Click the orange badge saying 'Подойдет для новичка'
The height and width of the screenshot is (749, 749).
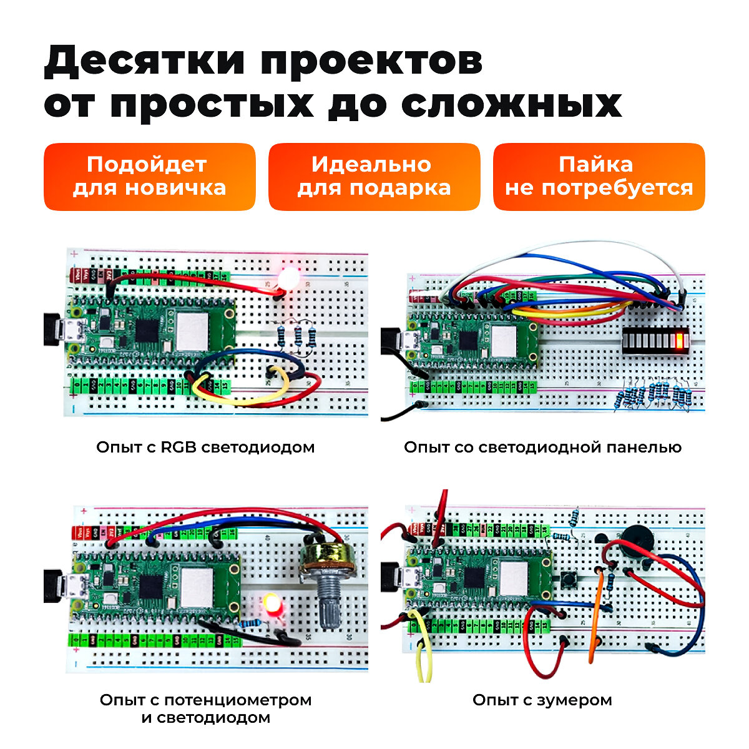click(149, 177)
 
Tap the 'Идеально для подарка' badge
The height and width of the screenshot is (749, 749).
click(374, 177)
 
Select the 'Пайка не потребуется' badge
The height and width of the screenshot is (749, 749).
click(599, 177)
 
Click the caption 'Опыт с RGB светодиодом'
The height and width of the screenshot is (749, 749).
click(205, 447)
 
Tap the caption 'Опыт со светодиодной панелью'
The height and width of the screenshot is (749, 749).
click(542, 447)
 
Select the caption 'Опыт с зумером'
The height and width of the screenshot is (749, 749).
click(542, 700)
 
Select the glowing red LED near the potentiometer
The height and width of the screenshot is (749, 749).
click(272, 604)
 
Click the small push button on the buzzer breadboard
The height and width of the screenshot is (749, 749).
click(569, 581)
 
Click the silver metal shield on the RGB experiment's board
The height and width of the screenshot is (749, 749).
click(191, 331)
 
